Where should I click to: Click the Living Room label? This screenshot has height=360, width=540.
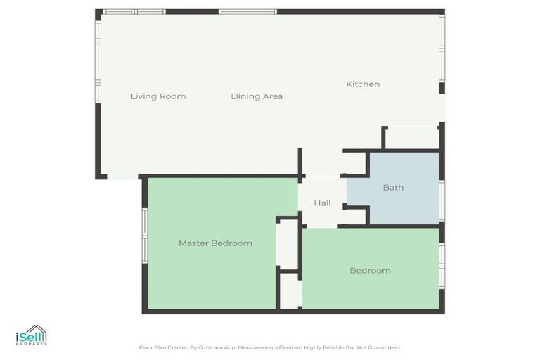coord(158,96)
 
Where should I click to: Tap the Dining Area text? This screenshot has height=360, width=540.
coord(257,96)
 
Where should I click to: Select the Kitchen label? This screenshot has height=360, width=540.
coord(363,84)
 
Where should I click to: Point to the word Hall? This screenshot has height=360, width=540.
coord(322,203)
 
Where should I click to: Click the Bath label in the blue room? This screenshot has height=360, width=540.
coord(393,188)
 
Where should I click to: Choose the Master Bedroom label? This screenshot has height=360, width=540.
coord(215,243)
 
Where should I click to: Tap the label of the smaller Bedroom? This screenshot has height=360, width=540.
coord(370,271)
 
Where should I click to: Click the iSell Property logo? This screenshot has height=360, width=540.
coord(31,335)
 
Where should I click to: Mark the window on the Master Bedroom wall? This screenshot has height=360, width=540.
coord(144,236)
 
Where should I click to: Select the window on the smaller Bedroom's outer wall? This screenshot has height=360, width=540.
coord(442,265)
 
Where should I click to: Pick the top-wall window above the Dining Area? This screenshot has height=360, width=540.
coord(247,12)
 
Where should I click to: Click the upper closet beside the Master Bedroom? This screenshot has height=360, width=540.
coord(288,245)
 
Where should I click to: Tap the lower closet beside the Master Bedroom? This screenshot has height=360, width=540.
coord(290,290)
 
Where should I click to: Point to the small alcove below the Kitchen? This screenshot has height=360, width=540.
coord(412,138)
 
